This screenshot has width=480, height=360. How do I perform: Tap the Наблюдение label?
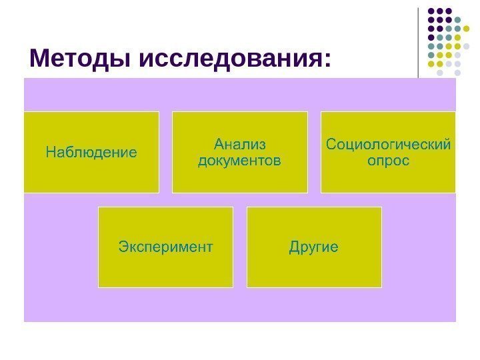91,153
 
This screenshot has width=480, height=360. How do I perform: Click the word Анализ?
239,144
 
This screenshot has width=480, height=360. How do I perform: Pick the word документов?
239,161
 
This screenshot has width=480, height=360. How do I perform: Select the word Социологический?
388,144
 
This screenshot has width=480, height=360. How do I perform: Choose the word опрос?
388,161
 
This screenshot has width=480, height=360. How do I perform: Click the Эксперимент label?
165,247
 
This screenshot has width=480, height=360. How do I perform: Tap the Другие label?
313,247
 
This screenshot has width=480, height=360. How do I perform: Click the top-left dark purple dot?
431,11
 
